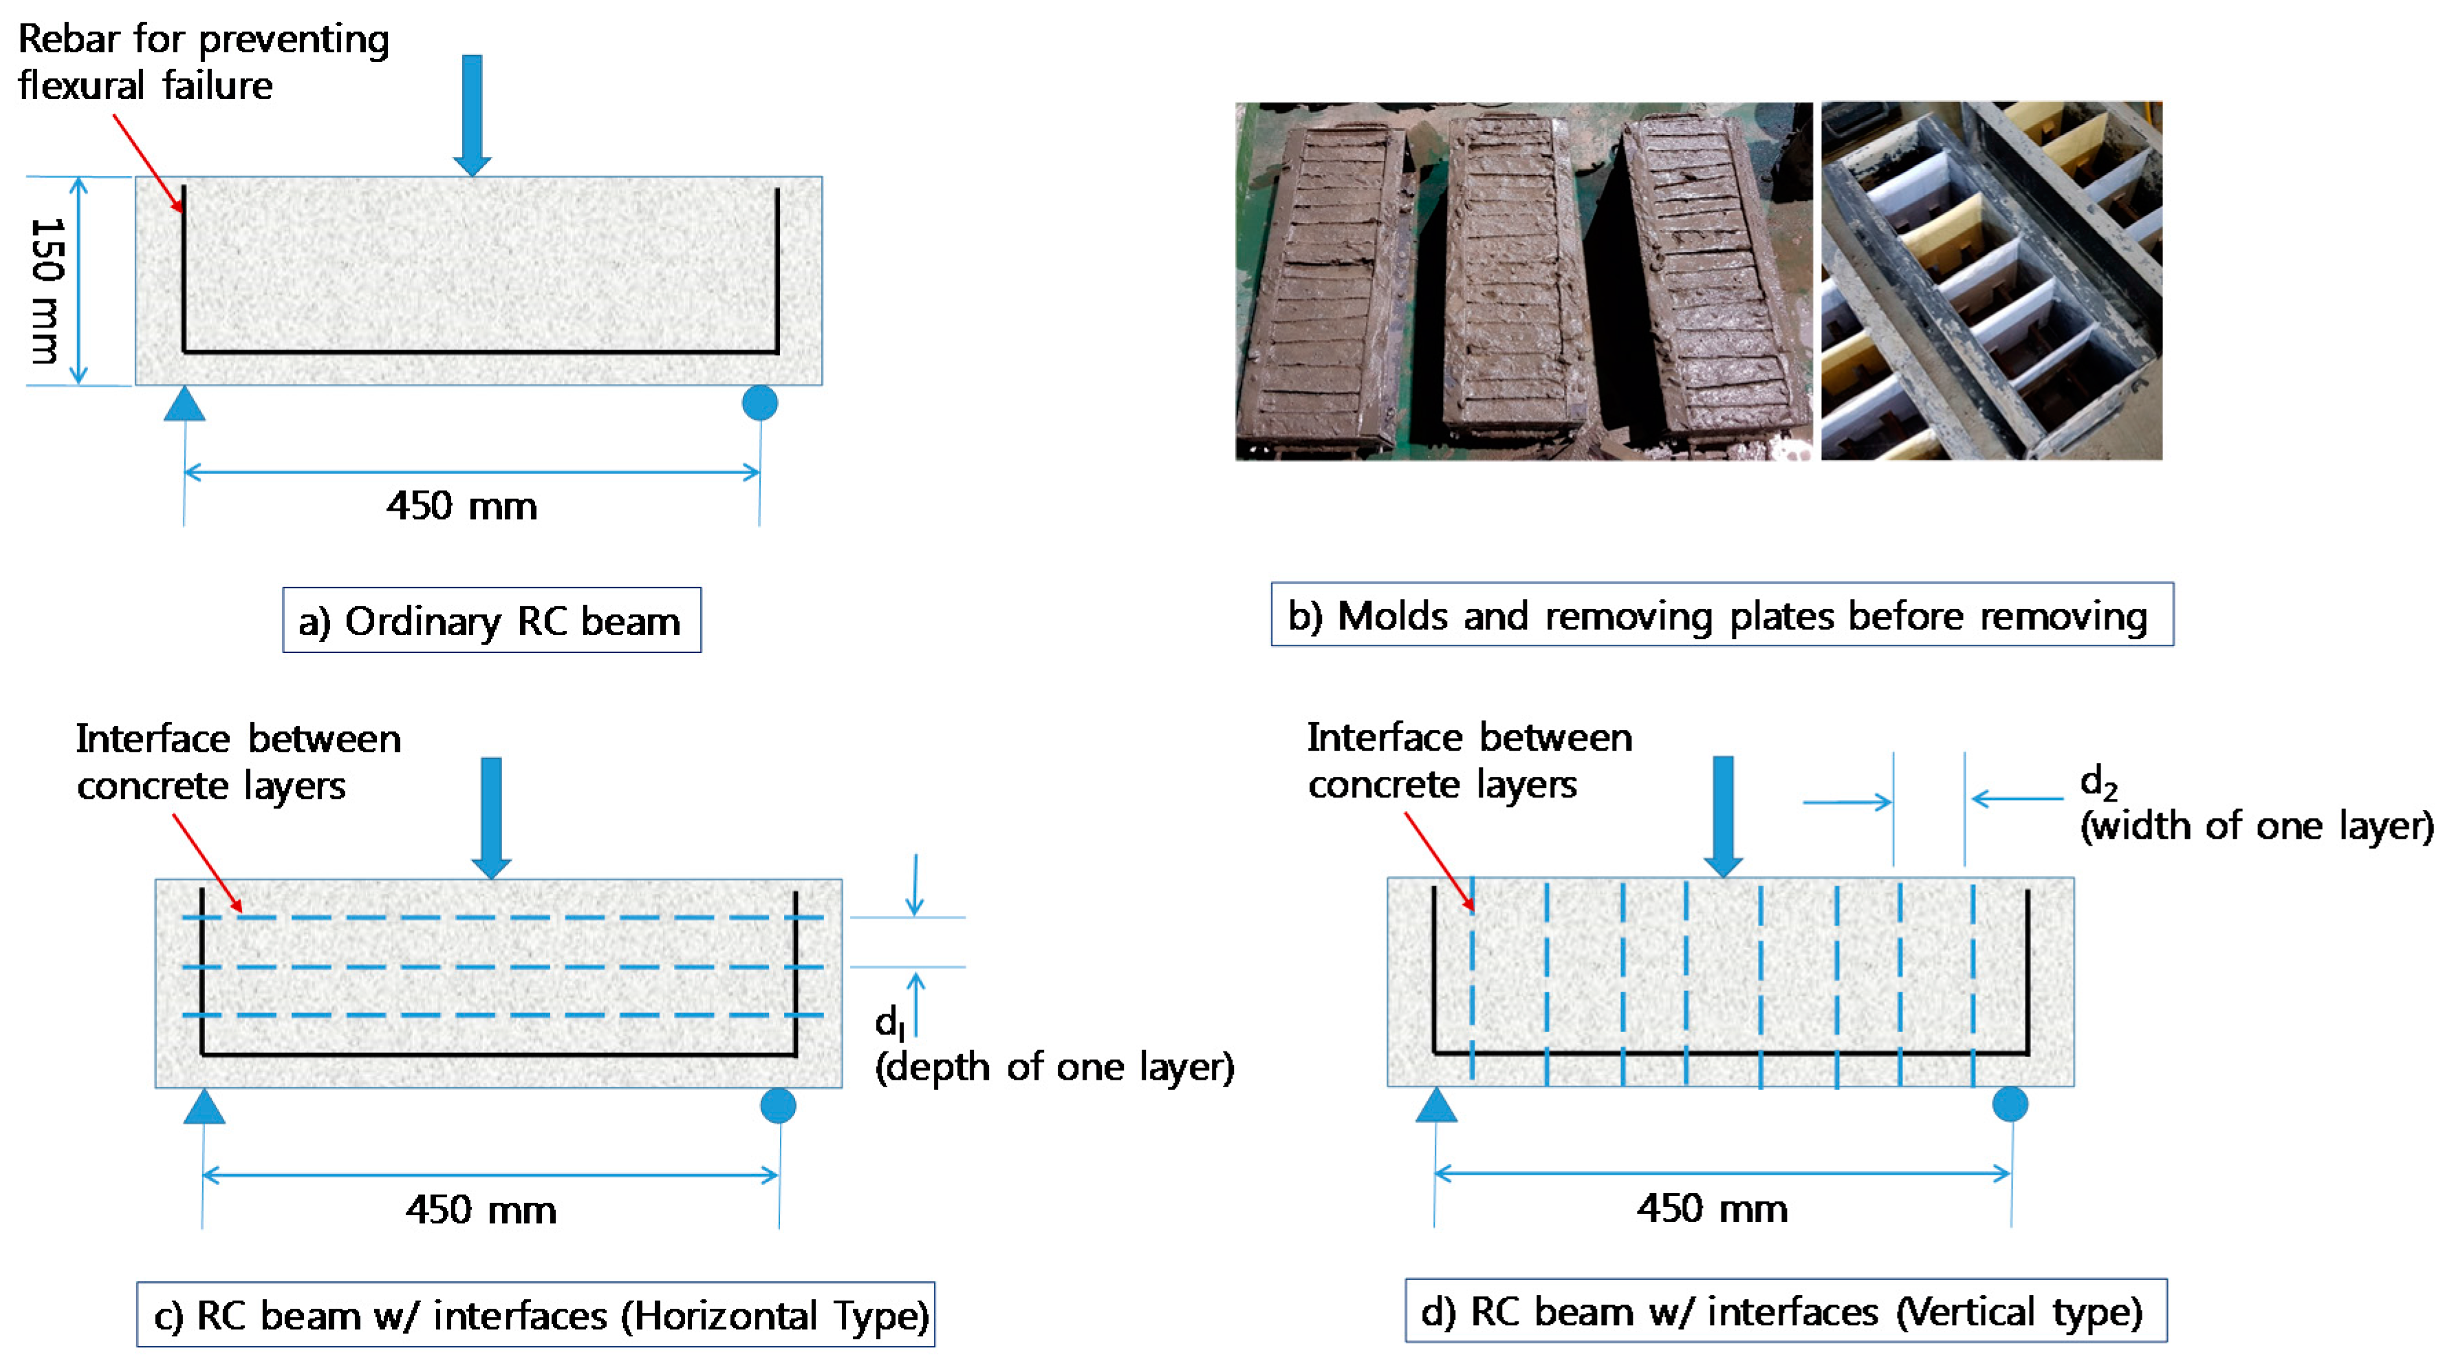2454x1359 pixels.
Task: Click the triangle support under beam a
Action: tap(185, 406)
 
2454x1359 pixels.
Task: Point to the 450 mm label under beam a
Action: tap(461, 506)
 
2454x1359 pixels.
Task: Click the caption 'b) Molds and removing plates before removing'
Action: tap(1722, 616)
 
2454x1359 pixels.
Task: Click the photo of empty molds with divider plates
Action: tap(1991, 281)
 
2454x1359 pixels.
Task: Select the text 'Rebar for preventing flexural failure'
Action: tap(203, 62)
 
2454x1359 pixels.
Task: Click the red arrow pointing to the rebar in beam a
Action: tap(148, 162)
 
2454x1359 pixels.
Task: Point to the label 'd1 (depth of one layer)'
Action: tap(1053, 1048)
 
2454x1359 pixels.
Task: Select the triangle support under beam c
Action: tap(204, 1109)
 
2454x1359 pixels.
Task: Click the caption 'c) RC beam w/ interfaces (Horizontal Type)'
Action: tap(535, 1315)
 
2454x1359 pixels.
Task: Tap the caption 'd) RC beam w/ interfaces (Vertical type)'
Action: tap(1785, 1312)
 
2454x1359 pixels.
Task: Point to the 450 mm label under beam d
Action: tap(1712, 1208)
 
